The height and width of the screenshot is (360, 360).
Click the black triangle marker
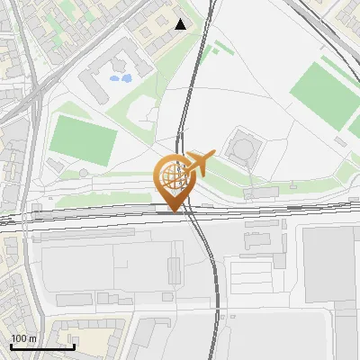181,24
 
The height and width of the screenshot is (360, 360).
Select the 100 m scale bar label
23,337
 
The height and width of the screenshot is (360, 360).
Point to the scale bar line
43,346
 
